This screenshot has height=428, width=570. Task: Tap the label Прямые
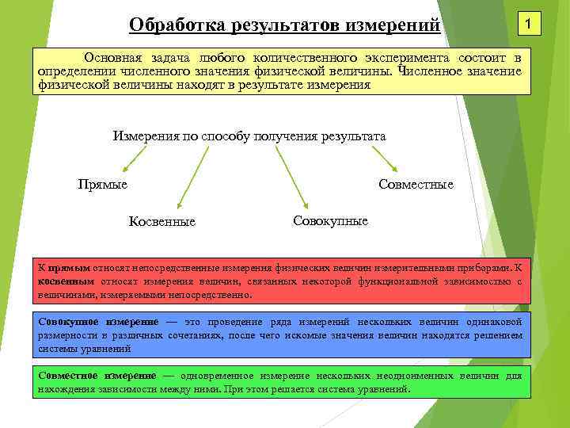point(103,184)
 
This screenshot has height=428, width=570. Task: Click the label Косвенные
point(162,221)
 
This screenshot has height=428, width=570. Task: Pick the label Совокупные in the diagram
point(330,220)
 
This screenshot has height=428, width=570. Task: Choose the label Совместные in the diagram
point(416,184)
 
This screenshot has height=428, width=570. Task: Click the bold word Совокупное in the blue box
point(68,322)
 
